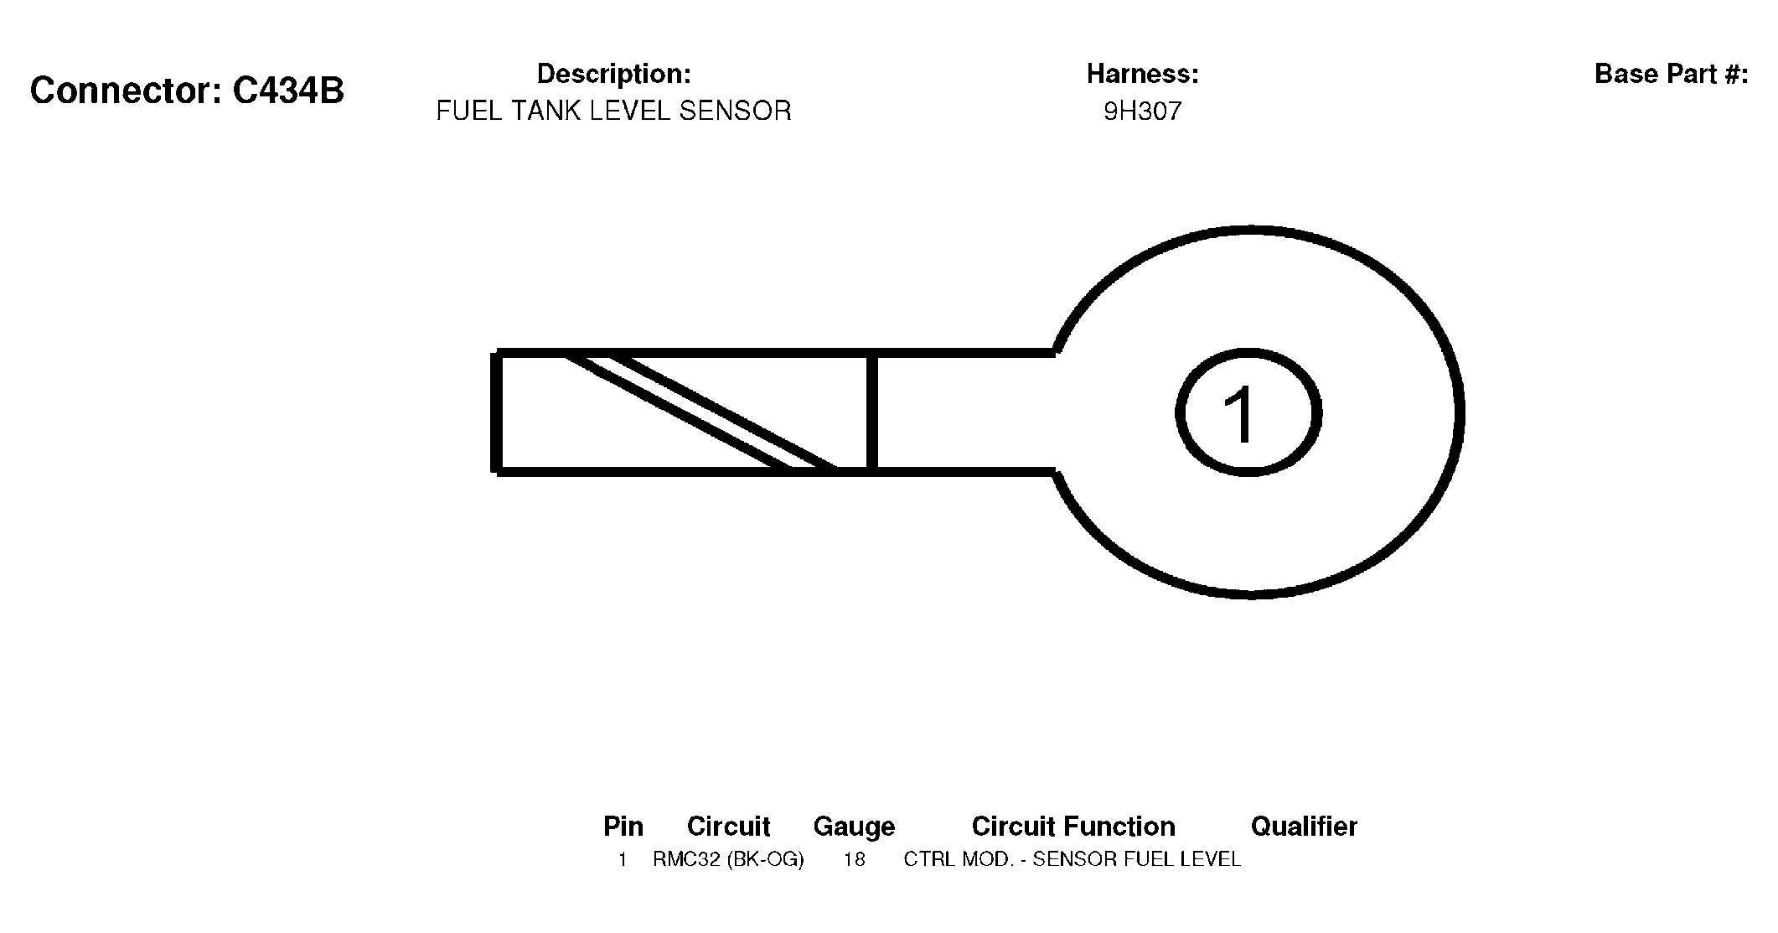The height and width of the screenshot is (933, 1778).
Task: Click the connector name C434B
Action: [288, 91]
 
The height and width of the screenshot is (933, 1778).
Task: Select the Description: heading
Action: [614, 74]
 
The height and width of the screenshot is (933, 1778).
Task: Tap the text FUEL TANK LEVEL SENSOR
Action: [614, 111]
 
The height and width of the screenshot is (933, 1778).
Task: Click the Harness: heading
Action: [1143, 74]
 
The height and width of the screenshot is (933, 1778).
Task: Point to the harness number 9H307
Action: [1143, 111]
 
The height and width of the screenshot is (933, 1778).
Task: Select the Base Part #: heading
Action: [1672, 74]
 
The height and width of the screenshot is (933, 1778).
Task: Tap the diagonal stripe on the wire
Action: [700, 412]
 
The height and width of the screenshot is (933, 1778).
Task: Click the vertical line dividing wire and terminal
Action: [871, 412]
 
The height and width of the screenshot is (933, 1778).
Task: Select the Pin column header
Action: [623, 827]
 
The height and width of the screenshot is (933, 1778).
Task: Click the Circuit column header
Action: [728, 827]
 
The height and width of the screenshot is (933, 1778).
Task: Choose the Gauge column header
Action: [854, 827]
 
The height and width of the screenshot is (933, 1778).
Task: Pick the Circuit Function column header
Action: [1073, 827]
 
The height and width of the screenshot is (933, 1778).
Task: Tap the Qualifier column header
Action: [1304, 827]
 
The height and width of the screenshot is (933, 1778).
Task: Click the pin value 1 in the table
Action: [623, 859]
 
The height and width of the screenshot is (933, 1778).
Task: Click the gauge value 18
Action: [854, 859]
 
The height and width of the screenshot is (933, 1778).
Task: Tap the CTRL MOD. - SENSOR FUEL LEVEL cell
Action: [1072, 859]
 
